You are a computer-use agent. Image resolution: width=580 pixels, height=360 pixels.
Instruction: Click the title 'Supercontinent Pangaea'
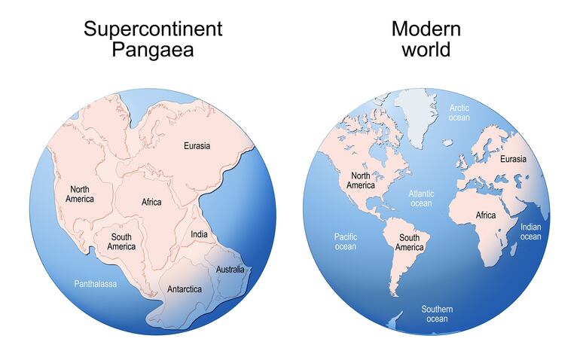click(x=153, y=39)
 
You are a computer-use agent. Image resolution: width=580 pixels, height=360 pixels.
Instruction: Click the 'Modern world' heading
click(x=426, y=39)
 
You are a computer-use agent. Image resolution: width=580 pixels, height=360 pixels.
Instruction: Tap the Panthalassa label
click(x=96, y=284)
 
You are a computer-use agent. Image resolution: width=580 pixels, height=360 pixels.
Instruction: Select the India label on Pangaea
click(x=199, y=235)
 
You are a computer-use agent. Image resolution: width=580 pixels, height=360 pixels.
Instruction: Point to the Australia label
click(x=230, y=269)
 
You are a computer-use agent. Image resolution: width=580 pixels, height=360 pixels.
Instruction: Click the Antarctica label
click(x=184, y=288)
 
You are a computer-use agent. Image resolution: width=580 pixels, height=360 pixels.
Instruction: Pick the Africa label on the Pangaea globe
click(x=151, y=202)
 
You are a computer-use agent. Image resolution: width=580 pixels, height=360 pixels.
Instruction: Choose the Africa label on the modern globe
click(x=486, y=215)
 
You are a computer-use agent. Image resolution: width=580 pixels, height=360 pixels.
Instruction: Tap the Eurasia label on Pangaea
click(x=197, y=145)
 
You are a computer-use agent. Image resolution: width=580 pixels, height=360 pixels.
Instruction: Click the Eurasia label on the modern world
click(x=513, y=159)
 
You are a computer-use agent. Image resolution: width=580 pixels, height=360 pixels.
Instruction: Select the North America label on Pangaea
click(x=79, y=194)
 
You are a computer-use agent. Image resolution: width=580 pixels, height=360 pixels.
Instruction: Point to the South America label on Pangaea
click(x=121, y=242)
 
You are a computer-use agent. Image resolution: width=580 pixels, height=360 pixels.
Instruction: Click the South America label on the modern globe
click(x=409, y=243)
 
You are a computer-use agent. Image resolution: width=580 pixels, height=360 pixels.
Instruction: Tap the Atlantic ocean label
click(x=421, y=199)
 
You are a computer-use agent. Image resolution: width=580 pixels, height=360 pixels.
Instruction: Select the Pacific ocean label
click(x=345, y=242)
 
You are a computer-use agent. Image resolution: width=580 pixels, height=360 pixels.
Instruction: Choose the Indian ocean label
click(x=530, y=232)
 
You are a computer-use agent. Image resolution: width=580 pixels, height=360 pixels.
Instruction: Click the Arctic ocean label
click(x=459, y=113)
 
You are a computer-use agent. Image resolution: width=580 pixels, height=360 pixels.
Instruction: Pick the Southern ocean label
click(x=437, y=313)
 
